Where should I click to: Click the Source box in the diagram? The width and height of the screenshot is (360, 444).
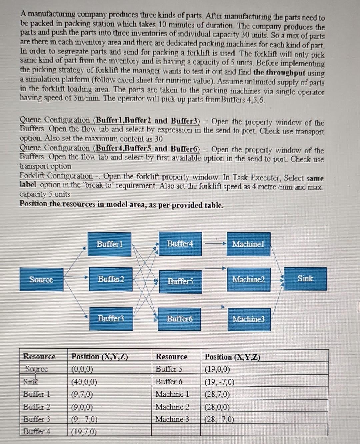click(41, 280)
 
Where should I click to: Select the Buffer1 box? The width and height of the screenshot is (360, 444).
click(109, 244)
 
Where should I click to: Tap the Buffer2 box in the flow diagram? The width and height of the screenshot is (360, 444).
click(111, 279)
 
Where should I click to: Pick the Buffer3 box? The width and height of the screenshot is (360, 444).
click(111, 318)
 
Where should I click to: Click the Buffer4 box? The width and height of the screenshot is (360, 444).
click(180, 244)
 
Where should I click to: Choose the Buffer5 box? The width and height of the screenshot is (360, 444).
click(180, 282)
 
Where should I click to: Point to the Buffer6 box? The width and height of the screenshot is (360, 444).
click(180, 319)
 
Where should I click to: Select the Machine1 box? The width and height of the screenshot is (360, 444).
click(248, 244)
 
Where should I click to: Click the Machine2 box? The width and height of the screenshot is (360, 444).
click(248, 279)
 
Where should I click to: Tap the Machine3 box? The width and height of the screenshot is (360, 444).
click(249, 319)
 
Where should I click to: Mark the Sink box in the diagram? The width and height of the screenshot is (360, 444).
click(305, 279)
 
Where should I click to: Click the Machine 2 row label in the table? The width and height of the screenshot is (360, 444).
click(172, 407)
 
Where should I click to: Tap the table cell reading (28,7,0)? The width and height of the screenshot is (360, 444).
click(217, 395)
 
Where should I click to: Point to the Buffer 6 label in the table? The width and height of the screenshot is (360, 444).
click(169, 382)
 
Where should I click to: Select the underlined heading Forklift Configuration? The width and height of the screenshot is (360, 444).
click(56, 176)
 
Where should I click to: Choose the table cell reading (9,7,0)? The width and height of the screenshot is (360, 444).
click(82, 395)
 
